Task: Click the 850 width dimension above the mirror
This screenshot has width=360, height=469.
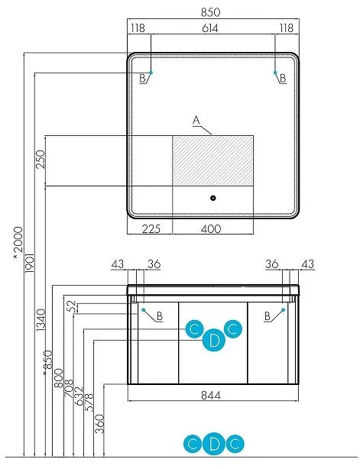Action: click(x=210, y=12)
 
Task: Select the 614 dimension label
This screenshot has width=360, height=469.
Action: click(x=210, y=28)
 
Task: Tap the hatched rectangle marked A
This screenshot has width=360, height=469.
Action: click(x=212, y=160)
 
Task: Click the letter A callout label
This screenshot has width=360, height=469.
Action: click(x=196, y=121)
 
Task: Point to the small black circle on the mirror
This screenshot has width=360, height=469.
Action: click(x=212, y=198)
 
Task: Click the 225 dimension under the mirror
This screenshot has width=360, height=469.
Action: click(x=151, y=229)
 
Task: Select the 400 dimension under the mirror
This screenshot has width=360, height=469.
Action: click(x=211, y=229)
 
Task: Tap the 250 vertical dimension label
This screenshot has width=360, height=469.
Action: click(x=41, y=160)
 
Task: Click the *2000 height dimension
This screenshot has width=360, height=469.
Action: click(x=18, y=244)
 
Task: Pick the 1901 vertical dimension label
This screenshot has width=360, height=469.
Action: click(x=30, y=264)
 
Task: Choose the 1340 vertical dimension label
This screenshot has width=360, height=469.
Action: click(x=41, y=320)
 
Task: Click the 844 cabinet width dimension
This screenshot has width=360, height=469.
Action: click(x=211, y=396)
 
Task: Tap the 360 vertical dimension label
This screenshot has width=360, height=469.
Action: click(x=99, y=424)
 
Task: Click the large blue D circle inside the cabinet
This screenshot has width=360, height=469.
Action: click(x=214, y=340)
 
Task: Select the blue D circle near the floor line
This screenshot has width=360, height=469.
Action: click(x=214, y=444)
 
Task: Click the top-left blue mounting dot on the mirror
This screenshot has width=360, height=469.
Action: click(x=151, y=73)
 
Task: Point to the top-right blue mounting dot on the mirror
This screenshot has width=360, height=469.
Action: click(x=275, y=73)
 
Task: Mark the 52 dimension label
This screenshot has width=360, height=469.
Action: click(x=72, y=306)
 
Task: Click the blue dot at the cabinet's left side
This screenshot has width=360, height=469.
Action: click(x=144, y=310)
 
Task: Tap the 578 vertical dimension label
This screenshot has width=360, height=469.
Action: click(x=89, y=403)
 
